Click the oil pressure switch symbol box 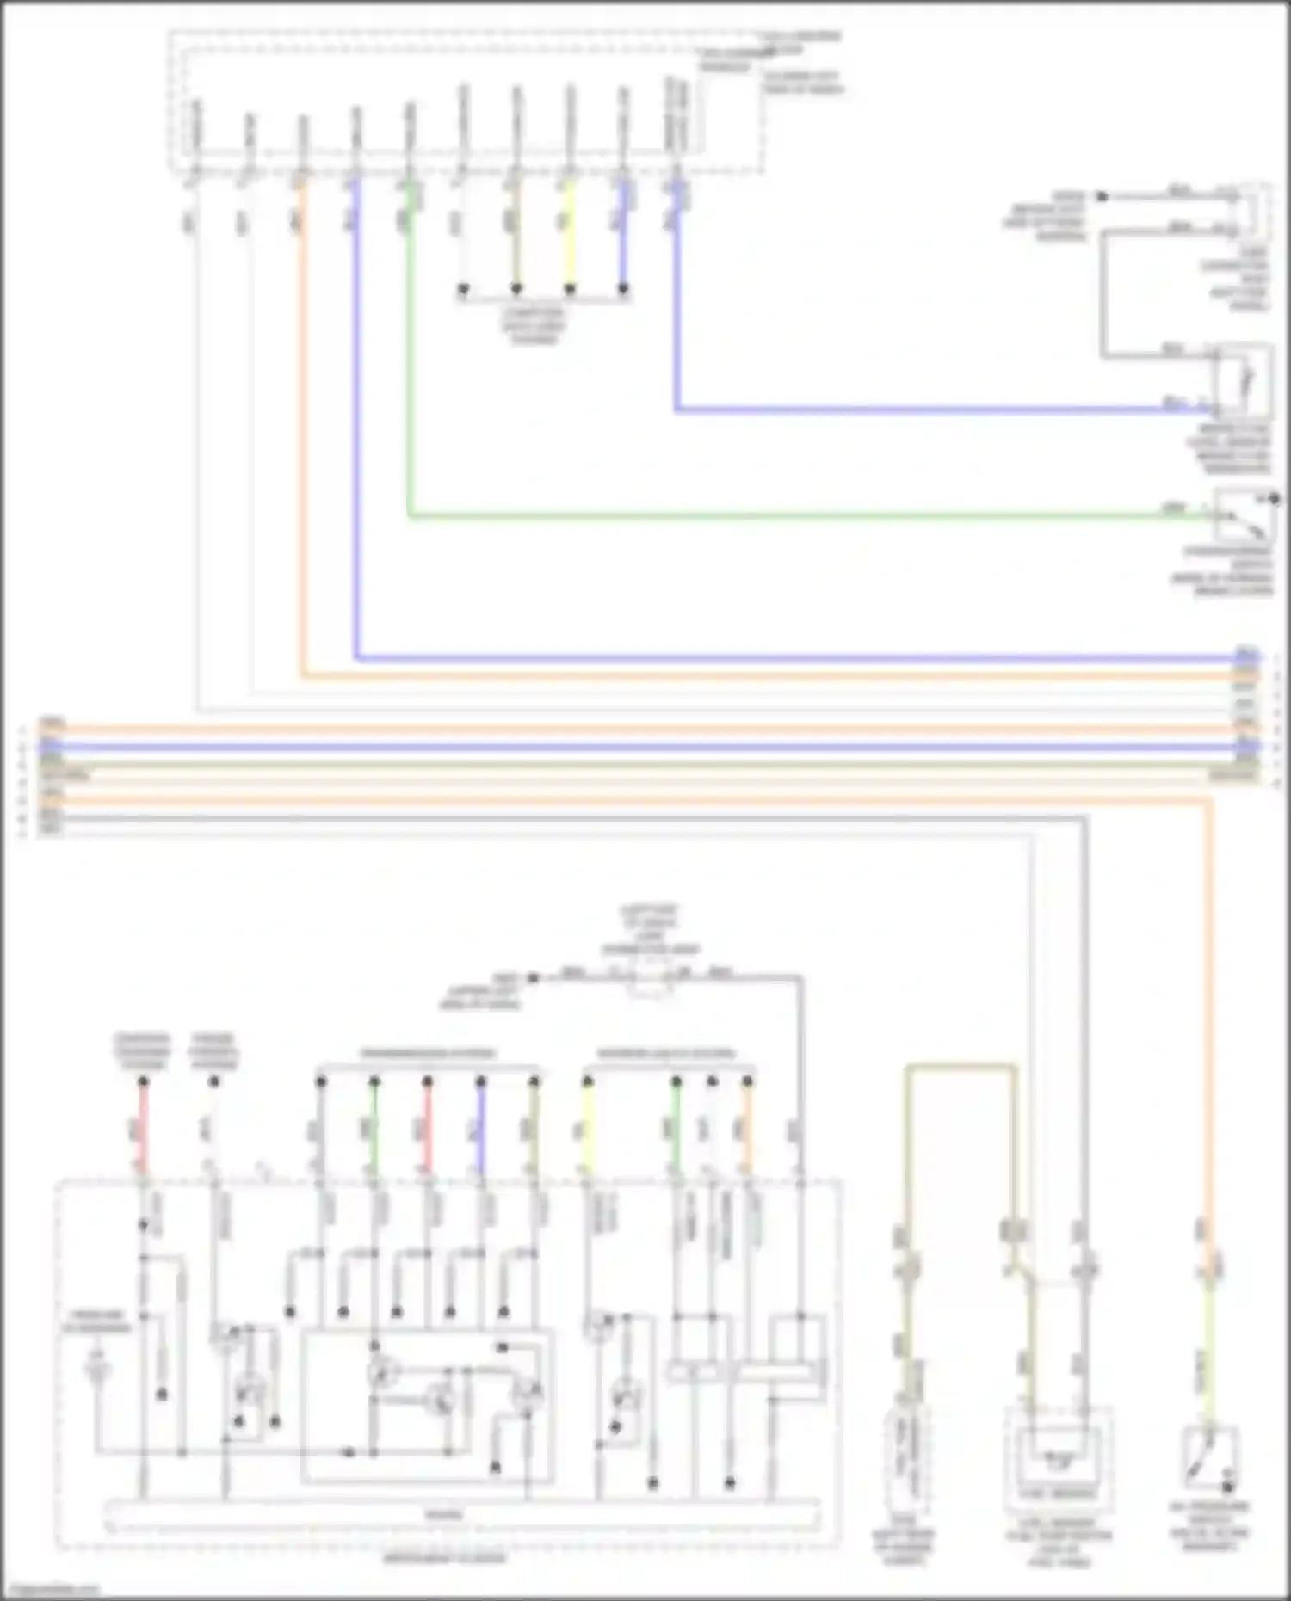[x=1209, y=1459]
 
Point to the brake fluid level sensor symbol [x=1241, y=379]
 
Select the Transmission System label [x=428, y=1054]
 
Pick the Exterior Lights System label [x=666, y=1054]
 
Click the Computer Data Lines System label [x=534, y=325]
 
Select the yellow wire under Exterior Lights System [x=588, y=1127]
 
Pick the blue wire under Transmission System [x=481, y=1127]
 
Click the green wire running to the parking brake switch [x=775, y=516]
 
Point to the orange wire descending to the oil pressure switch [x=1208, y=1032]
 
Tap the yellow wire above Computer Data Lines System [x=569, y=241]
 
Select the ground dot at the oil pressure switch [x=1228, y=1486]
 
